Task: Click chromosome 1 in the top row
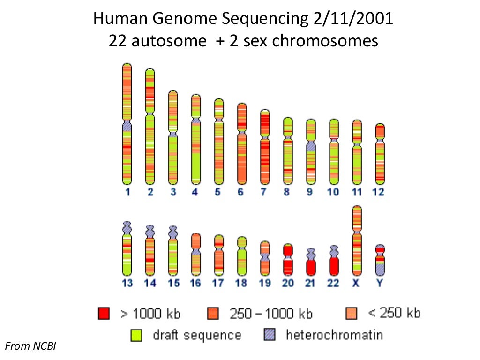click(127, 124)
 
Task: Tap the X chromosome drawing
click(357, 240)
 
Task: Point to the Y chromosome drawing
click(380, 260)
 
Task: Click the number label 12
click(378, 192)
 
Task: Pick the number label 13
click(127, 283)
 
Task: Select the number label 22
click(334, 283)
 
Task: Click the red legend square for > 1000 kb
click(104, 313)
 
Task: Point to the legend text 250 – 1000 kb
click(271, 314)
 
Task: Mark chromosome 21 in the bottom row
click(311, 262)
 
